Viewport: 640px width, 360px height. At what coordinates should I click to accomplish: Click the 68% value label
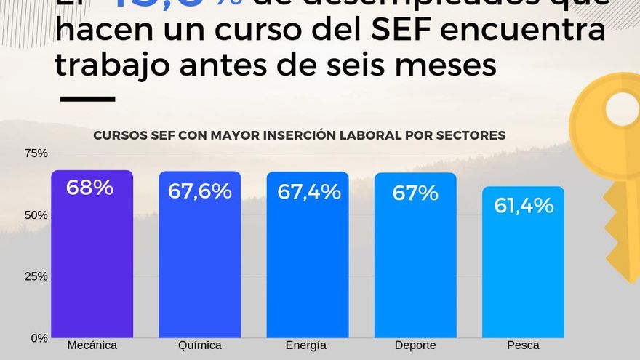click(x=89, y=188)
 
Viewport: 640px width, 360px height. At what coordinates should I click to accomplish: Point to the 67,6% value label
click(x=199, y=191)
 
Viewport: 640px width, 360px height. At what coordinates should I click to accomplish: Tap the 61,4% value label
click(x=524, y=206)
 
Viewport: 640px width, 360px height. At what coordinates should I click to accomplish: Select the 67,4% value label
click(x=308, y=192)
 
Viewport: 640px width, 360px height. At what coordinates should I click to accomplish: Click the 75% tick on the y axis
click(x=36, y=153)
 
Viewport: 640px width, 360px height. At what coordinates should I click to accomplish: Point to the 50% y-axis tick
click(x=36, y=215)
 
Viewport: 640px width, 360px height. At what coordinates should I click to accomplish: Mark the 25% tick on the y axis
click(x=36, y=276)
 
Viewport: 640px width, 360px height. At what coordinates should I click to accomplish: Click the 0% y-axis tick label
click(x=39, y=338)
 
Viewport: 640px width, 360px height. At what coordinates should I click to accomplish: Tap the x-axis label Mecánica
click(x=92, y=345)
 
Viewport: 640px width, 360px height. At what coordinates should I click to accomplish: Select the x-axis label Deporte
click(x=415, y=345)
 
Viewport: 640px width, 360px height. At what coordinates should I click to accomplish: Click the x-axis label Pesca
click(x=523, y=345)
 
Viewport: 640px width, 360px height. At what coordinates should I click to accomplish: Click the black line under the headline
click(x=87, y=99)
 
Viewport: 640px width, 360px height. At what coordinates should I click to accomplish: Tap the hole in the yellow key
click(x=622, y=109)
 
